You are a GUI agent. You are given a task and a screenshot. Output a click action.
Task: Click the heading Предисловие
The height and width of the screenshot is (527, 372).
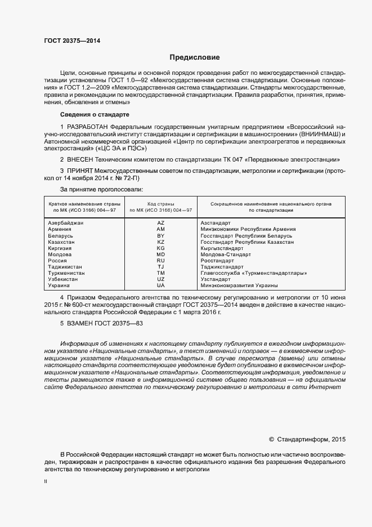click(x=195, y=57)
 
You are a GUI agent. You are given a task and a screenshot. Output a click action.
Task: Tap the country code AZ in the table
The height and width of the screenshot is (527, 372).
click(x=160, y=224)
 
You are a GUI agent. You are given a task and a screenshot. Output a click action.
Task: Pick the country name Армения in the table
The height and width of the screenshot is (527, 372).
click(x=60, y=230)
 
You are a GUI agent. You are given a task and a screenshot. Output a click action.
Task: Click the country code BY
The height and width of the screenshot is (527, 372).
click(x=160, y=236)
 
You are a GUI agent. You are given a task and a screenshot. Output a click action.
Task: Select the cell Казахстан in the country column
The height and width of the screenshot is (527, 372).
click(x=62, y=242)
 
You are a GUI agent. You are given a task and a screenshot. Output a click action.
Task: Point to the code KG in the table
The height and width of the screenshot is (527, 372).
click(x=160, y=248)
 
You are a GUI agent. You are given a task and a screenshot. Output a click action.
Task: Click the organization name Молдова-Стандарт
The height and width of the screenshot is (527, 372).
click(x=226, y=254)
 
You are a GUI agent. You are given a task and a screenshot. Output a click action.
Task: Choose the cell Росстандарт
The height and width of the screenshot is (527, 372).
click(x=217, y=261)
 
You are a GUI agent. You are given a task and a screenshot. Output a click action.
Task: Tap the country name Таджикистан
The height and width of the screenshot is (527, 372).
click(x=65, y=267)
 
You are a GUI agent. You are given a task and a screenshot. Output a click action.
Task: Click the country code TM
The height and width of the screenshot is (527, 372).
click(x=160, y=273)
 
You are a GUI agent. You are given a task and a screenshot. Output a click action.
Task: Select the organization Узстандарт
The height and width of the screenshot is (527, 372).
click(x=216, y=279)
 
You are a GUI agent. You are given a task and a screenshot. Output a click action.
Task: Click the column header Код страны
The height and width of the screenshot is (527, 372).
click(x=160, y=203)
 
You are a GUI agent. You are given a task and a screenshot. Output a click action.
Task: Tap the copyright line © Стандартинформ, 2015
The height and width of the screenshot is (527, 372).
click(x=307, y=439)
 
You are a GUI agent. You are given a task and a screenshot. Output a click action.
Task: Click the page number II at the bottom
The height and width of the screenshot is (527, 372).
click(x=46, y=481)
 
